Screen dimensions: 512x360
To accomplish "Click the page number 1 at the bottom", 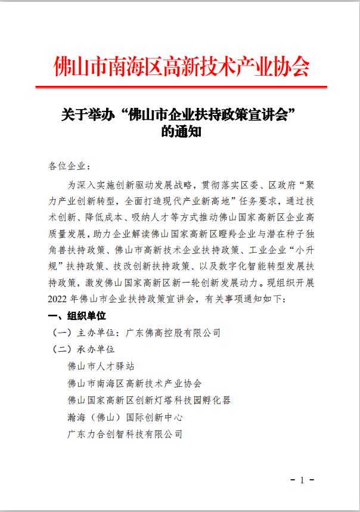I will pos(302,480).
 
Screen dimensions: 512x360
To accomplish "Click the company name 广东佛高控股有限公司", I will pos(173,332).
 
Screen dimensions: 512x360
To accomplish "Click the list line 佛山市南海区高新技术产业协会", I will pos(135,383).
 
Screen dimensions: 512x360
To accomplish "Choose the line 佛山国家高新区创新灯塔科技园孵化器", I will pos(149,400).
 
